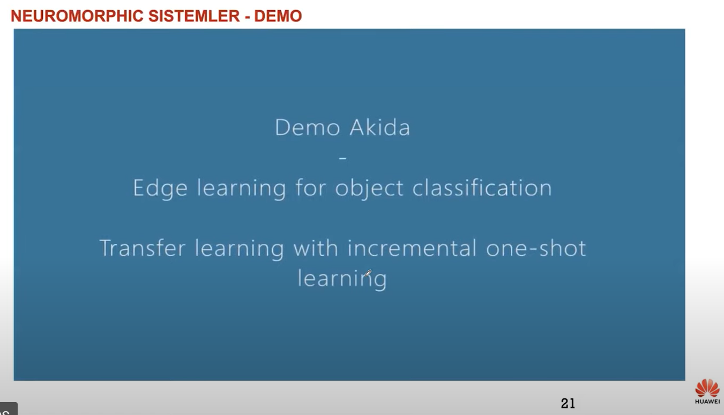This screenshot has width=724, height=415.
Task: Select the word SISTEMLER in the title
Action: [x=194, y=16]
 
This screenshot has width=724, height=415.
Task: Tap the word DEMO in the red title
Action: [x=278, y=16]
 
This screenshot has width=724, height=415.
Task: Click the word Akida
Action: [x=380, y=127]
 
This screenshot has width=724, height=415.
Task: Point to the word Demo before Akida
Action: [x=308, y=127]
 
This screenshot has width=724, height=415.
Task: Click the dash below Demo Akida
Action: [x=342, y=158]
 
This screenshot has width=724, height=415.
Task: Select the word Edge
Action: [x=160, y=188]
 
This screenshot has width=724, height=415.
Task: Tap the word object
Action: [x=369, y=188]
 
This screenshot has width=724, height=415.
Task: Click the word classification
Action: [x=482, y=187]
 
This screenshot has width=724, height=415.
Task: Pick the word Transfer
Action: [x=143, y=248]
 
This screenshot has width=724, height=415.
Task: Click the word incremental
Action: [x=412, y=248]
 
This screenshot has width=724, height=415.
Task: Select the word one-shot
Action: [x=536, y=248]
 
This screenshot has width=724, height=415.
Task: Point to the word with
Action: [x=316, y=248]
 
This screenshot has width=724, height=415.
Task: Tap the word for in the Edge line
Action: [x=311, y=188]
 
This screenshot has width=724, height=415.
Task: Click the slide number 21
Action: [x=568, y=403]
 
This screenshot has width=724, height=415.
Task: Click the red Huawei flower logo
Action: [x=707, y=388]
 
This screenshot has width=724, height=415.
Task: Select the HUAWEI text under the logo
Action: [x=707, y=402]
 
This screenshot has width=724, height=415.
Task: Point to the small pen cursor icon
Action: [x=368, y=273]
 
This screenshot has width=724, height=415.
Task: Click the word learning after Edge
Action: [x=242, y=188]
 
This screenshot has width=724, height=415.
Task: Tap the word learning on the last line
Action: [x=342, y=279]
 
